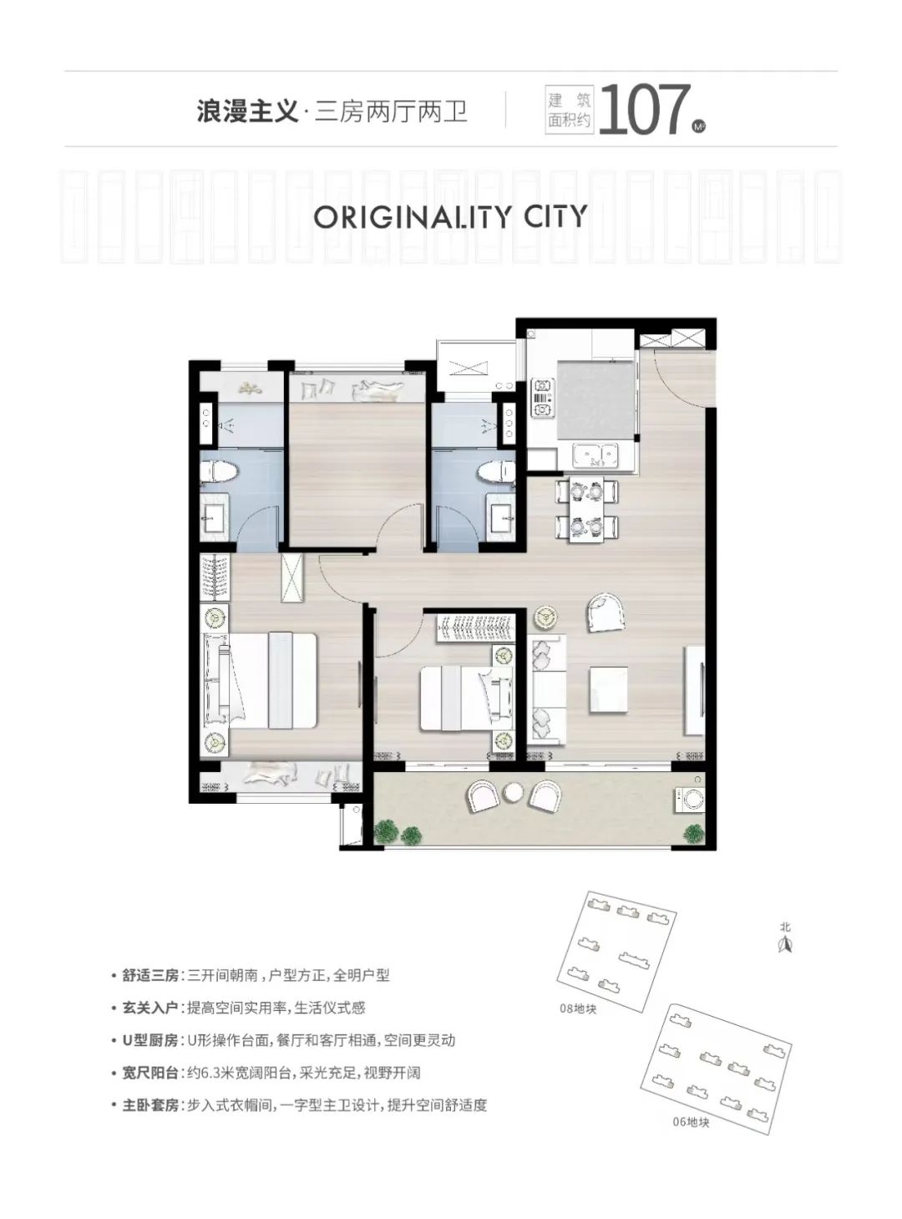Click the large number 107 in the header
(645, 110)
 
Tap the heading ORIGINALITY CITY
(450, 216)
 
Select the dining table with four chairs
(586, 510)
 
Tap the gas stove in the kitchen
(542, 398)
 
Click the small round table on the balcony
(514, 792)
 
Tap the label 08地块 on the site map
(578, 1008)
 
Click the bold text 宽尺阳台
(150, 1073)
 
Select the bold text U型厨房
(150, 1040)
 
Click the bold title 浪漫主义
(248, 113)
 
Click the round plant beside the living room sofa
(545, 617)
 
